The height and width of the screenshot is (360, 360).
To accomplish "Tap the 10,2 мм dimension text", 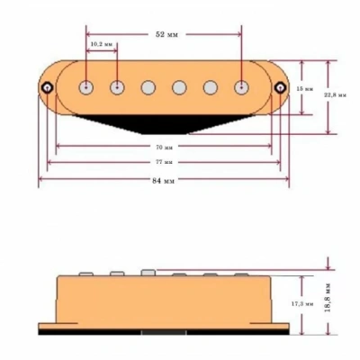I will click(102, 44).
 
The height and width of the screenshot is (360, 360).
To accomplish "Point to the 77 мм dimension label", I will click(164, 162).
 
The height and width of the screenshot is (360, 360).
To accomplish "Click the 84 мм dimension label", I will click(164, 180).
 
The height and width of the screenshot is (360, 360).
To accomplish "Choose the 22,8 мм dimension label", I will click(331, 95).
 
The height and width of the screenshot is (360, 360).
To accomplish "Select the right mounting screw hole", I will click(282, 87).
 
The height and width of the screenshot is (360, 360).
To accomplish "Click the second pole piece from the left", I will click(118, 87).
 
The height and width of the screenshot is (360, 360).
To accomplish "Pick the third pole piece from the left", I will click(149, 87).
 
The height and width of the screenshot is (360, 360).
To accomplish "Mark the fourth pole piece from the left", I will click(180, 87).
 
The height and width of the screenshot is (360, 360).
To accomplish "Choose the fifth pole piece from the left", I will click(211, 87).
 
